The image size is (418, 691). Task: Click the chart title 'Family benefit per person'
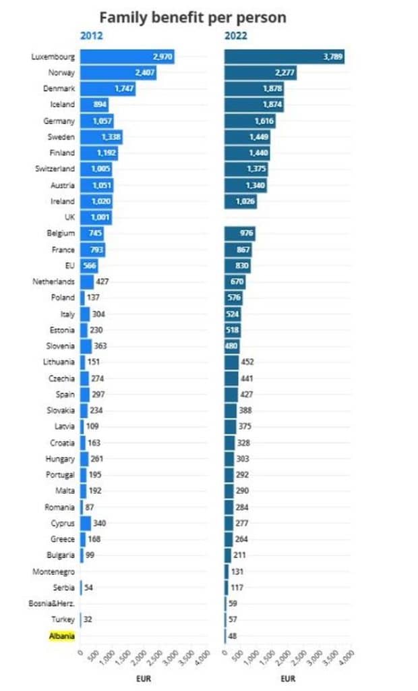click(x=193, y=17)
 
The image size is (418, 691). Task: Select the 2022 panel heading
click(x=235, y=36)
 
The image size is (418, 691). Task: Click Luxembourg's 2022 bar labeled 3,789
click(x=285, y=57)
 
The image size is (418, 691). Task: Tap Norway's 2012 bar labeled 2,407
click(x=119, y=73)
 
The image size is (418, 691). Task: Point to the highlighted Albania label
click(x=61, y=635)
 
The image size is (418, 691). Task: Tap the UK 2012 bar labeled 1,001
click(x=96, y=217)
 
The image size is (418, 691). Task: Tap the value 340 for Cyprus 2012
click(x=99, y=522)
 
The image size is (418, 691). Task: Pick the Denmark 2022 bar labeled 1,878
click(x=254, y=89)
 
